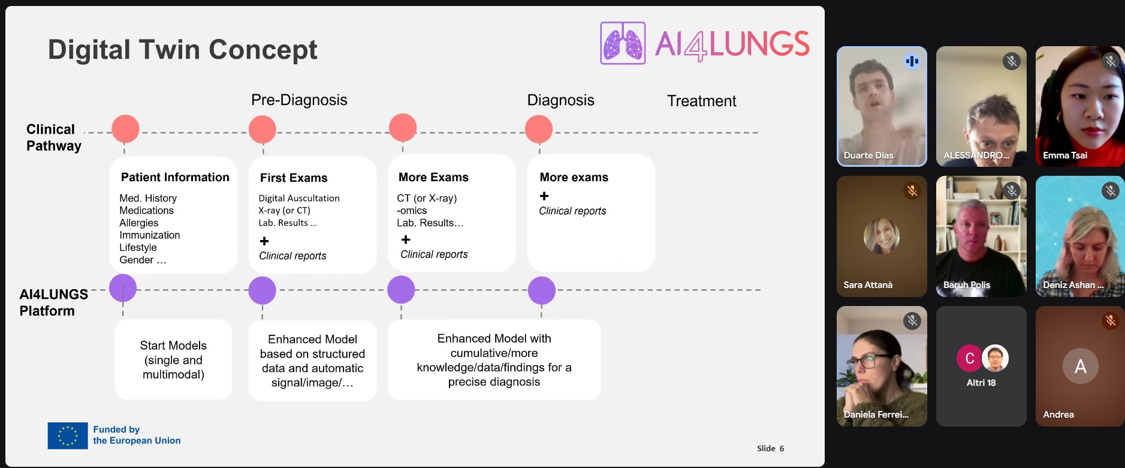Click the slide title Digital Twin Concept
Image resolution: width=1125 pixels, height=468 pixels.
[x=182, y=50]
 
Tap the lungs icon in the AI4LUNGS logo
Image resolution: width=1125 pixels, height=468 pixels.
[x=623, y=43]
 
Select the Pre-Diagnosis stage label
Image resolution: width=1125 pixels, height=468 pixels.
[x=299, y=100]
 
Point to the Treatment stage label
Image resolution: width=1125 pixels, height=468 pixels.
[x=701, y=101]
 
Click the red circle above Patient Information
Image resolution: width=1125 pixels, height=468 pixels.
[x=125, y=129]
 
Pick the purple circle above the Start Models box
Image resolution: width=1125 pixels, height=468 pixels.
[x=123, y=288]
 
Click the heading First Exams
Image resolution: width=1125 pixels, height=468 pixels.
[x=294, y=178]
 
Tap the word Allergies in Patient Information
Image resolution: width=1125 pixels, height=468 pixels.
[x=139, y=223]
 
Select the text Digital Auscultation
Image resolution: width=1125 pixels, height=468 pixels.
[x=299, y=198]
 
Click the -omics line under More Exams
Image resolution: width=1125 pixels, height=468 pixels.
[x=412, y=211]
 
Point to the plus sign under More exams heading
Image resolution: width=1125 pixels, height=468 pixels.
[x=544, y=196]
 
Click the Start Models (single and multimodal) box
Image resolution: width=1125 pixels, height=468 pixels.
[x=173, y=359]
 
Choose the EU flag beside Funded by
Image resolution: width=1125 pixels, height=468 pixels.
[x=68, y=436]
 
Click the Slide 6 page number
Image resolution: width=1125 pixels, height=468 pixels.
[x=770, y=448]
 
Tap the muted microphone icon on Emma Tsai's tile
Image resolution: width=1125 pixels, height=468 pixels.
[x=1110, y=61]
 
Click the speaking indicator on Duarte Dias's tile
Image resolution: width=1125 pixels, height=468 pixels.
[x=912, y=61]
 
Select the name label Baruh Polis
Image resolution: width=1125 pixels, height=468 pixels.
[x=966, y=285]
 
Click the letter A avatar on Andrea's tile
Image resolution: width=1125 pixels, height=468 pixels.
[x=1080, y=366]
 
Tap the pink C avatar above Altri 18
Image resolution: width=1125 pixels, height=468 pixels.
[x=969, y=358]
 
